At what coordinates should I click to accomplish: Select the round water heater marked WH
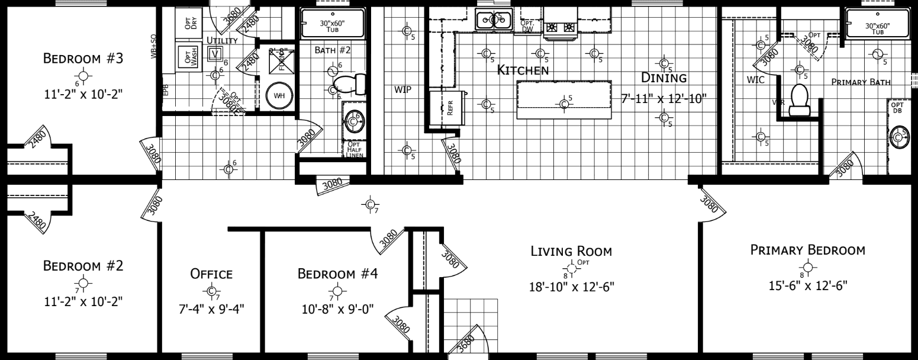278,96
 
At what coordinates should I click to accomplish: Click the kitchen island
563,101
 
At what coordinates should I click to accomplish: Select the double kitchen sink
494,20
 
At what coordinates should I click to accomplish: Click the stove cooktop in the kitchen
561,27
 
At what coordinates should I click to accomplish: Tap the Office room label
211,274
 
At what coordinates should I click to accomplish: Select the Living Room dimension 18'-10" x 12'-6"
572,287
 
